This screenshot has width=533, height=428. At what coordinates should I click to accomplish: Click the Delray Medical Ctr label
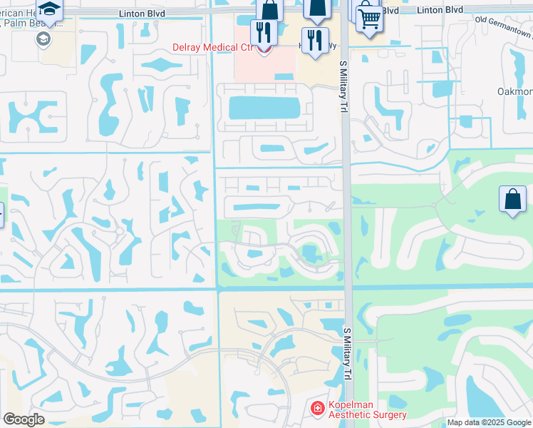213,48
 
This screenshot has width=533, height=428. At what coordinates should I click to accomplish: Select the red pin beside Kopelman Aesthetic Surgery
317,409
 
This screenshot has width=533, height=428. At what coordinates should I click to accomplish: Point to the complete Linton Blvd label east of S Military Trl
440,10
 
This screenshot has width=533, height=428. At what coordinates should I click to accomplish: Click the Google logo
24,419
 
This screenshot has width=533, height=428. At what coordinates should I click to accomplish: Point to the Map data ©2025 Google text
489,422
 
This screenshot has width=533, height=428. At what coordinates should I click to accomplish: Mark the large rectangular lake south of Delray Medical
264,108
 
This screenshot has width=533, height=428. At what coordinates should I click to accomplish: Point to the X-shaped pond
30,116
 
